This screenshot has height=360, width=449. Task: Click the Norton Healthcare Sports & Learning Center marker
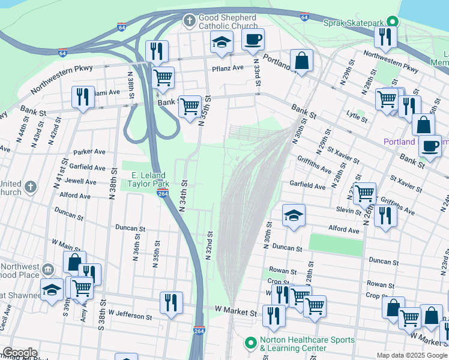(x=251, y=343)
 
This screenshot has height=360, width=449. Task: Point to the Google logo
(x=20, y=353)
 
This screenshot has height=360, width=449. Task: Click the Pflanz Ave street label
(x=228, y=68)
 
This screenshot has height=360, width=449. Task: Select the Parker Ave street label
(x=89, y=152)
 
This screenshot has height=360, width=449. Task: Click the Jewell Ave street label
(x=82, y=181)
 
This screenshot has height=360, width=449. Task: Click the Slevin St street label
(x=349, y=209)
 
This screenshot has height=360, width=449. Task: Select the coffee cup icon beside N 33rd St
(x=253, y=40)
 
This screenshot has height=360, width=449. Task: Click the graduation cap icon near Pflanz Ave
(x=221, y=43)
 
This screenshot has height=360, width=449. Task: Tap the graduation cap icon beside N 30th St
(x=294, y=216)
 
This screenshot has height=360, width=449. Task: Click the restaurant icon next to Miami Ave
(x=83, y=97)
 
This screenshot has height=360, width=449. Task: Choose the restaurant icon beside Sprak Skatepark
(x=384, y=37)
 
